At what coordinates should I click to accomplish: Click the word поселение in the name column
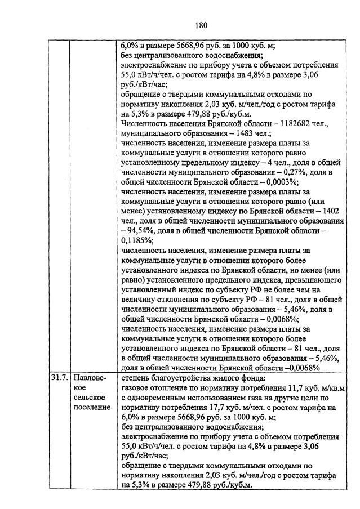pyautogui.click(x=92, y=408)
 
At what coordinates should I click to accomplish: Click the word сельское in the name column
pyautogui.click(x=91, y=398)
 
